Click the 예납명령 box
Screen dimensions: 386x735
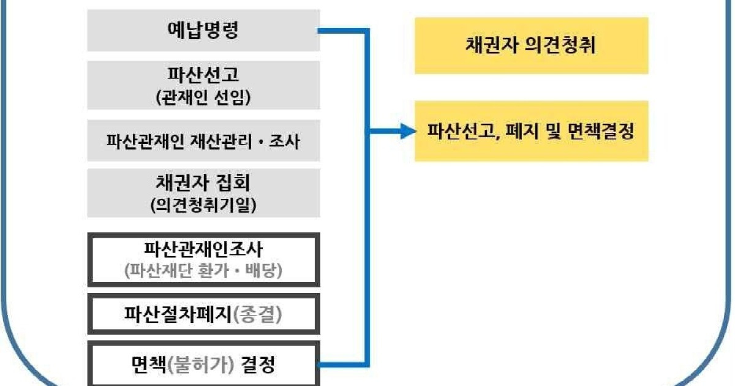(203, 31)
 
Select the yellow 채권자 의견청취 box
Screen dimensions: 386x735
(531, 46)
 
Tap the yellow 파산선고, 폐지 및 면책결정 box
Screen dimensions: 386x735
(531, 131)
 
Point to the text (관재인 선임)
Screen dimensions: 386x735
(203, 97)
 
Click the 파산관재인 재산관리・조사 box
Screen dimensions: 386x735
(203, 141)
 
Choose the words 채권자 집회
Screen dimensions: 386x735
(203, 182)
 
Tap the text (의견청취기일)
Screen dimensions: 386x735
(203, 205)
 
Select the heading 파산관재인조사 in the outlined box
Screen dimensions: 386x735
(203, 249)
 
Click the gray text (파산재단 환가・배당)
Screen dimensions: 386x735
(203, 270)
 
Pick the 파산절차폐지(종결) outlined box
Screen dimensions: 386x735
(203, 314)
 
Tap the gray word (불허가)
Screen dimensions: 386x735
(197, 366)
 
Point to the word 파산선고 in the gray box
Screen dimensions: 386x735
(203, 75)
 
